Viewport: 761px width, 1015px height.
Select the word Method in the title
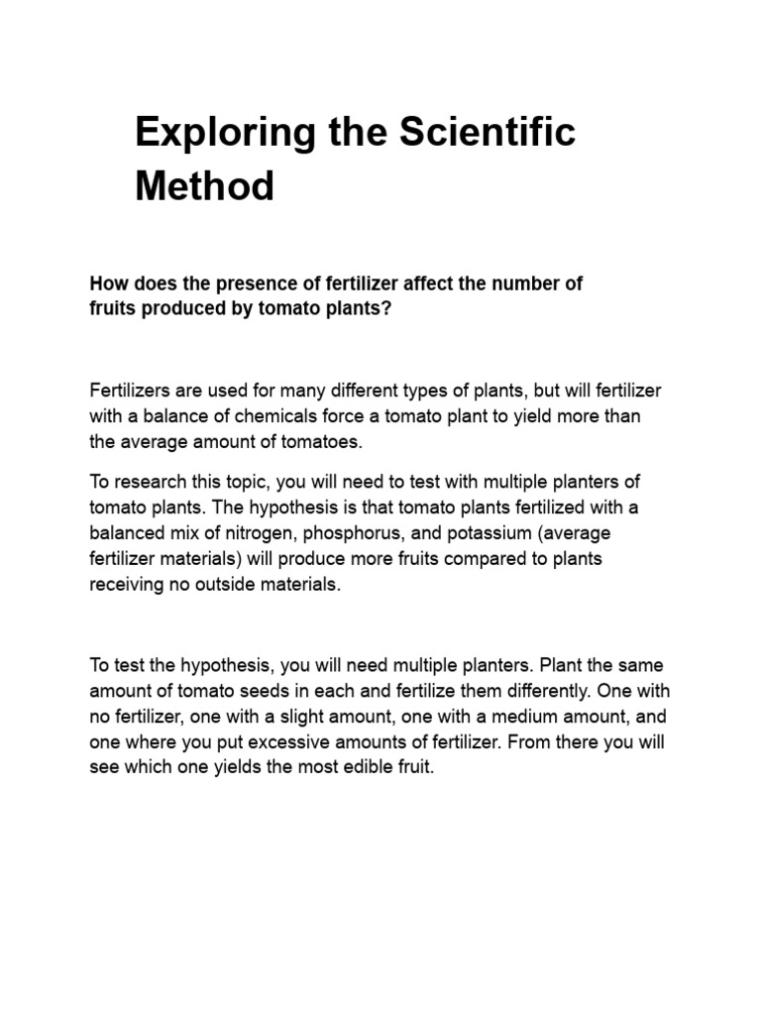tap(204, 185)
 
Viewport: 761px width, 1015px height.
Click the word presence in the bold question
tap(265, 284)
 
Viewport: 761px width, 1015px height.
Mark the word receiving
tap(125, 585)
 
